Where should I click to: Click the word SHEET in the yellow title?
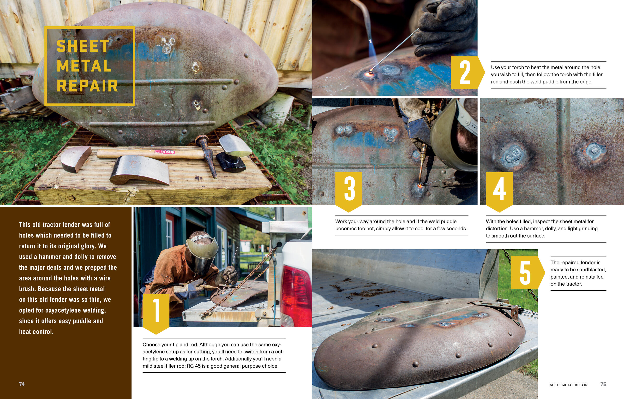pyautogui.click(x=83, y=46)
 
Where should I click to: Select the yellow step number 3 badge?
pyautogui.click(x=349, y=192)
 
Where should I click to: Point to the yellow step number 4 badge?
pyautogui.click(x=499, y=192)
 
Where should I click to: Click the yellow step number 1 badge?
pyautogui.click(x=156, y=314)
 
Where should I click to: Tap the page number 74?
pyautogui.click(x=22, y=384)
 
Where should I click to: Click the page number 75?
pyautogui.click(x=603, y=384)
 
